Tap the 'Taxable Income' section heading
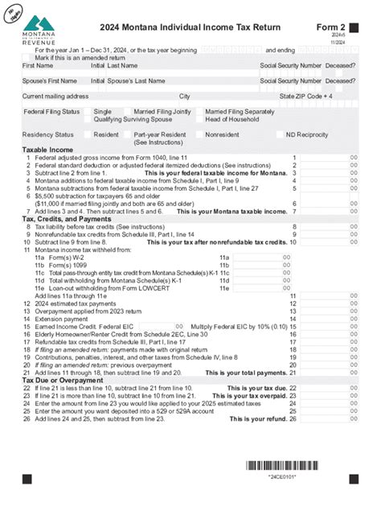tap(47, 150)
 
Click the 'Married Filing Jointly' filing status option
tap(162, 111)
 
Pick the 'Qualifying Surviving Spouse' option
tap(133, 118)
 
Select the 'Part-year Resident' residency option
tap(161, 134)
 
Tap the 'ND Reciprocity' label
tap(307, 134)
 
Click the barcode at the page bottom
tap(290, 465)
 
